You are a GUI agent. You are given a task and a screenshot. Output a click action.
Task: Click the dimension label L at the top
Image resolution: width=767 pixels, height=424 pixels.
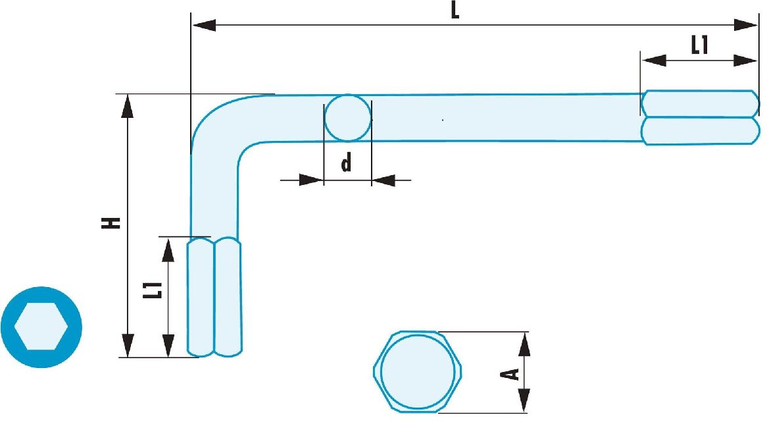pyautogui.click(x=455, y=11)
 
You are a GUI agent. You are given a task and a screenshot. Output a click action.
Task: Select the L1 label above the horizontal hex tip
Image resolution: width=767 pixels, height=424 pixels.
pyautogui.click(x=699, y=45)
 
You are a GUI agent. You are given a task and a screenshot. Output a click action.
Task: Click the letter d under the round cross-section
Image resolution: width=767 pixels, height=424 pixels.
pyautogui.click(x=346, y=162)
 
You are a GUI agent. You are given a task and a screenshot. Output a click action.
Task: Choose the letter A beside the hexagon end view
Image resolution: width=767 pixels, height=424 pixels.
pyautogui.click(x=510, y=375)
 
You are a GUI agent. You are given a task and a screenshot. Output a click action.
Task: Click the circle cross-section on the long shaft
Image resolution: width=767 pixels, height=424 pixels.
pyautogui.click(x=348, y=119)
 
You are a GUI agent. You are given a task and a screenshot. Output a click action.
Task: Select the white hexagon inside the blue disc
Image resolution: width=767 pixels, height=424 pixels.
pyautogui.click(x=41, y=327)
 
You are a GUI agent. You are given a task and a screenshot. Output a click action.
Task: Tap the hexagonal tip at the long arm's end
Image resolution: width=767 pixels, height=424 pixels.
pyautogui.click(x=701, y=117)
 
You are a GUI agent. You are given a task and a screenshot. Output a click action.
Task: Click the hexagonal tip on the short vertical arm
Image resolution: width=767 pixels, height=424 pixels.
pyautogui.click(x=214, y=297)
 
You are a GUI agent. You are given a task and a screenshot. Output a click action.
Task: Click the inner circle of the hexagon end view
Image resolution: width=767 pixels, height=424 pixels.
pyautogui.click(x=417, y=371)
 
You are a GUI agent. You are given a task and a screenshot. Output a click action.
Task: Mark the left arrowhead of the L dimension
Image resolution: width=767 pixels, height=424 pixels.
pyautogui.click(x=203, y=25)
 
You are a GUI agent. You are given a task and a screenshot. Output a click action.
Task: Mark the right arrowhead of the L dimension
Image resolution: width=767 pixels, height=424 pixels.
pyautogui.click(x=745, y=25)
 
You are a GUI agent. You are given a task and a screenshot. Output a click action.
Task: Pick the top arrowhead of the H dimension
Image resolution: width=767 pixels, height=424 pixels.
pyautogui.click(x=128, y=106)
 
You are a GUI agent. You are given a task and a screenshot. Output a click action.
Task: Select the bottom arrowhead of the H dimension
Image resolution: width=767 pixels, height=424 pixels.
pyautogui.click(x=128, y=346)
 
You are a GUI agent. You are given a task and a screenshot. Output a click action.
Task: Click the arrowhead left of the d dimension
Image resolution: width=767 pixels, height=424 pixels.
pyautogui.click(x=311, y=180)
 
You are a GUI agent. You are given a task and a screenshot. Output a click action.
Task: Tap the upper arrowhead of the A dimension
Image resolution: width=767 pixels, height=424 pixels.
pyautogui.click(x=524, y=344)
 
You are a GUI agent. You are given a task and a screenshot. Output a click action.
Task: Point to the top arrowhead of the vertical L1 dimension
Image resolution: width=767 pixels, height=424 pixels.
pyautogui.click(x=168, y=250)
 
